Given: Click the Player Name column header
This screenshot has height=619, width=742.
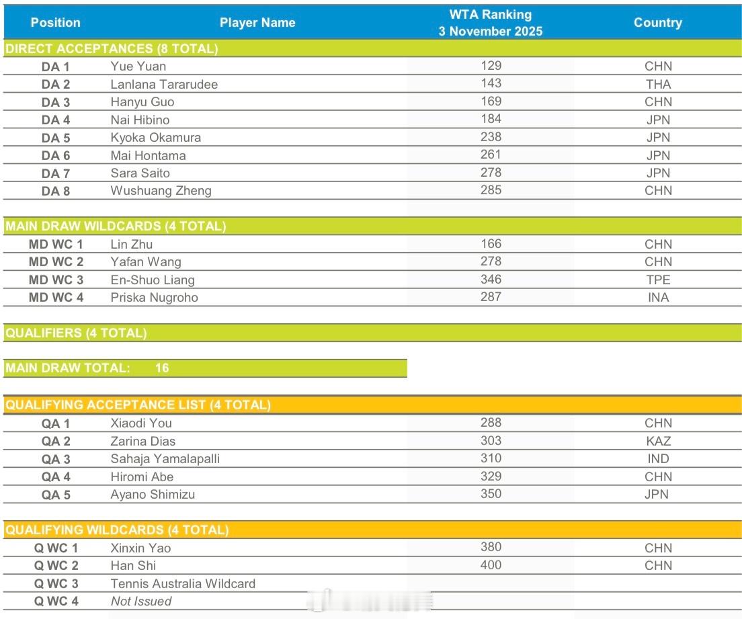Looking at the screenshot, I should (257, 22).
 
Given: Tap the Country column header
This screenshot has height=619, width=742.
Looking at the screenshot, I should (657, 22).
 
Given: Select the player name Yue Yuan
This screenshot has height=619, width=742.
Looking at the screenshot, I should (138, 66).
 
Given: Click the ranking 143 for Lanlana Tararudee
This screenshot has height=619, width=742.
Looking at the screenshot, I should (491, 83).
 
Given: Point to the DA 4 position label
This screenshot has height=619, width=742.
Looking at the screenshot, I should (56, 120).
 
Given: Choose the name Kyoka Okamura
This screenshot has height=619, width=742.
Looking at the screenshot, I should (155, 137).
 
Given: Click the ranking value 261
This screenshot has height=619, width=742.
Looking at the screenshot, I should (491, 155).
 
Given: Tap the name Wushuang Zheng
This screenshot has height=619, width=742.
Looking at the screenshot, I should (161, 190).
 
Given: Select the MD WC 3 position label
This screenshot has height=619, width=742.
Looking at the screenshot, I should (56, 280).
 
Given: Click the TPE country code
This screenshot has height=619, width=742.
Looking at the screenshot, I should (657, 280).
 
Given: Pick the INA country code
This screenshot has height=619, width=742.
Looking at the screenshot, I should (657, 297).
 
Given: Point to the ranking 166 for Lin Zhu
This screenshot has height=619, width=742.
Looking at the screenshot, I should (491, 244).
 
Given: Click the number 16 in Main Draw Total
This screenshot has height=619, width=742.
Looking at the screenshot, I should (162, 368).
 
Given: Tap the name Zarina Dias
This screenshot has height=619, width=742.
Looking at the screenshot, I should (142, 441).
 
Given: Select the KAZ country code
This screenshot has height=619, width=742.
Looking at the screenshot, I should (657, 441).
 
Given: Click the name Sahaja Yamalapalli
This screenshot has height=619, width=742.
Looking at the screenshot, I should (165, 458).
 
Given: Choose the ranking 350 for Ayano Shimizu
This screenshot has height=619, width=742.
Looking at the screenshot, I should (491, 493).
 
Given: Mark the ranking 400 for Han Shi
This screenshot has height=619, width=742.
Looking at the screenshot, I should (491, 565).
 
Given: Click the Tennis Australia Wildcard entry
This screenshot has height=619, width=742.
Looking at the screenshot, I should (183, 583).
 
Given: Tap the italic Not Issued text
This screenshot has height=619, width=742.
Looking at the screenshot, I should (140, 601).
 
